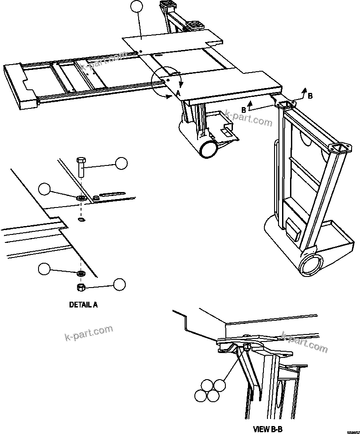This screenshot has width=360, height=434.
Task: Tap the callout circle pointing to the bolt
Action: [x=121, y=163]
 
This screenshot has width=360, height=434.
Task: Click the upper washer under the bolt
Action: [x=81, y=198]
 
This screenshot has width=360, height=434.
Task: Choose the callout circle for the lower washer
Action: [x=44, y=269]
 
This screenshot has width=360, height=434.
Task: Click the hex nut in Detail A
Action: [x=81, y=287]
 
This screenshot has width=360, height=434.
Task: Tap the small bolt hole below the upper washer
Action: [x=81, y=219]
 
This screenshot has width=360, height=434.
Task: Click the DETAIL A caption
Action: [x=83, y=305]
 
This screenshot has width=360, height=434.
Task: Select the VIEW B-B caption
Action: [x=267, y=429]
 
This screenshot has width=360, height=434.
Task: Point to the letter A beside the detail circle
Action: [x=178, y=93]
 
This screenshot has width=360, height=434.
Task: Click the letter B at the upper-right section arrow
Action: [x=310, y=96]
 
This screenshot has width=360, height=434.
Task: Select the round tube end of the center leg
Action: [x=208, y=149]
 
